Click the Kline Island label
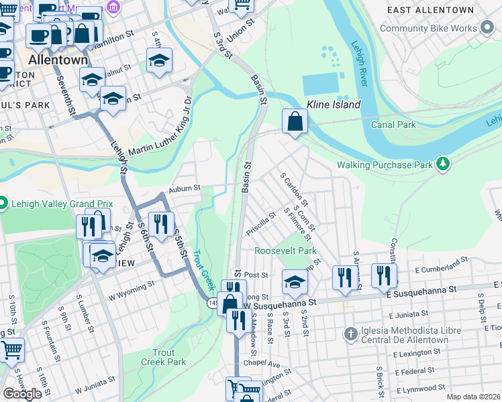click(334, 105)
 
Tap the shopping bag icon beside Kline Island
click(295, 122)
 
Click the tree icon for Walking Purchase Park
click(442, 163)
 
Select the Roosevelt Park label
click(285, 251)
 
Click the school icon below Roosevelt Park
click(293, 283)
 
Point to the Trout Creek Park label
click(163, 357)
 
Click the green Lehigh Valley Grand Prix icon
click(3, 202)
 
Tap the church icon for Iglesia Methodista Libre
click(349, 333)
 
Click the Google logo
click(22, 393)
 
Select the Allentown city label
click(58, 60)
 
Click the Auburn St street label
click(184, 188)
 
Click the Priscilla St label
click(261, 220)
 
